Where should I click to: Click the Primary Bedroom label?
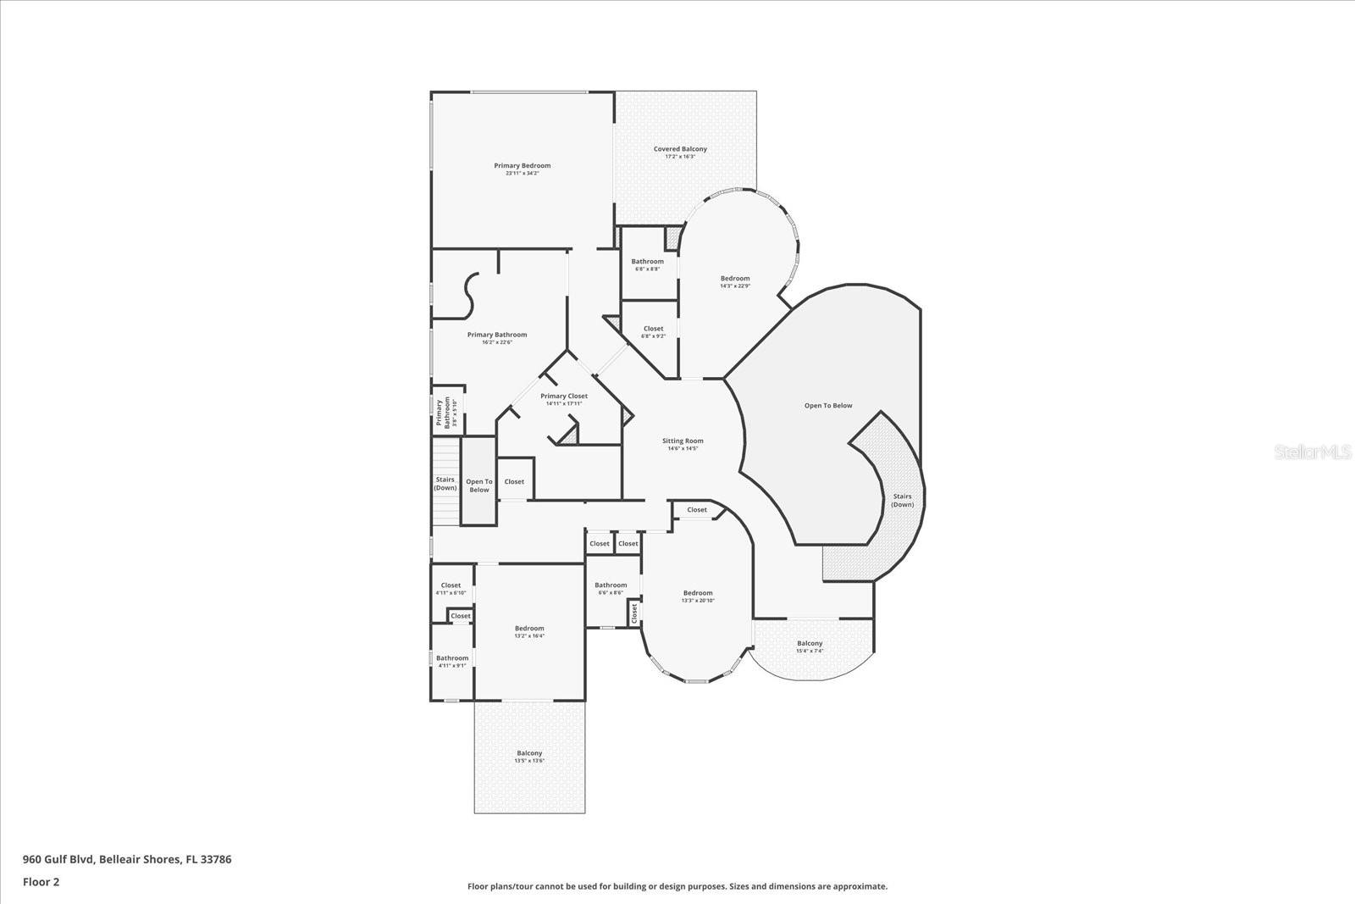[x=522, y=166]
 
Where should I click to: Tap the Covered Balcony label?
[x=680, y=149]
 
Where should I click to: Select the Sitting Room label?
[x=683, y=441]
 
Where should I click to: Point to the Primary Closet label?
[x=564, y=397]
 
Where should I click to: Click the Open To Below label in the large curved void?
[x=828, y=406]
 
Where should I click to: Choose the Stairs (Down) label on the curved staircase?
[x=902, y=501]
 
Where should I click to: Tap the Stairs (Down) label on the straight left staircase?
[x=445, y=484]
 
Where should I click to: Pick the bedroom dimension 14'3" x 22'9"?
[x=735, y=286]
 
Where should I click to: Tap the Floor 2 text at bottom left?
[x=41, y=882]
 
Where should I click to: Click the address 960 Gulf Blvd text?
[x=127, y=859]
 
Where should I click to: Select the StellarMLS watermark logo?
[x=1314, y=452]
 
